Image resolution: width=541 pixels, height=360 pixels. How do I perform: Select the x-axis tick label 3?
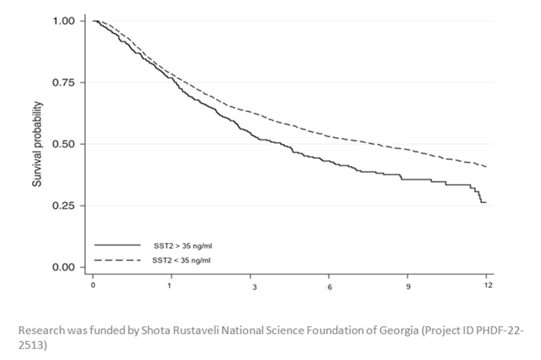click(253, 285)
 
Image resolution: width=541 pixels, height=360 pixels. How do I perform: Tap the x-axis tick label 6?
click(330, 285)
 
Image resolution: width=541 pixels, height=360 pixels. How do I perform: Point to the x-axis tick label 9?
click(409, 285)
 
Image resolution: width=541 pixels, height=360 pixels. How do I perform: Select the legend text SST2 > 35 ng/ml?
click(178, 245)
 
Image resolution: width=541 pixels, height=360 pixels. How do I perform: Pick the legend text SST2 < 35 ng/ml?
click(178, 259)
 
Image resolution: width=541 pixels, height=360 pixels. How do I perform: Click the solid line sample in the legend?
click(118, 245)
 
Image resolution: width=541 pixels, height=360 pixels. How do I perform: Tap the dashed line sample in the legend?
click(118, 259)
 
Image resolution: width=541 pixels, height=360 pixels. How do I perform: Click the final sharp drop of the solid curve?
click(481, 197)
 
